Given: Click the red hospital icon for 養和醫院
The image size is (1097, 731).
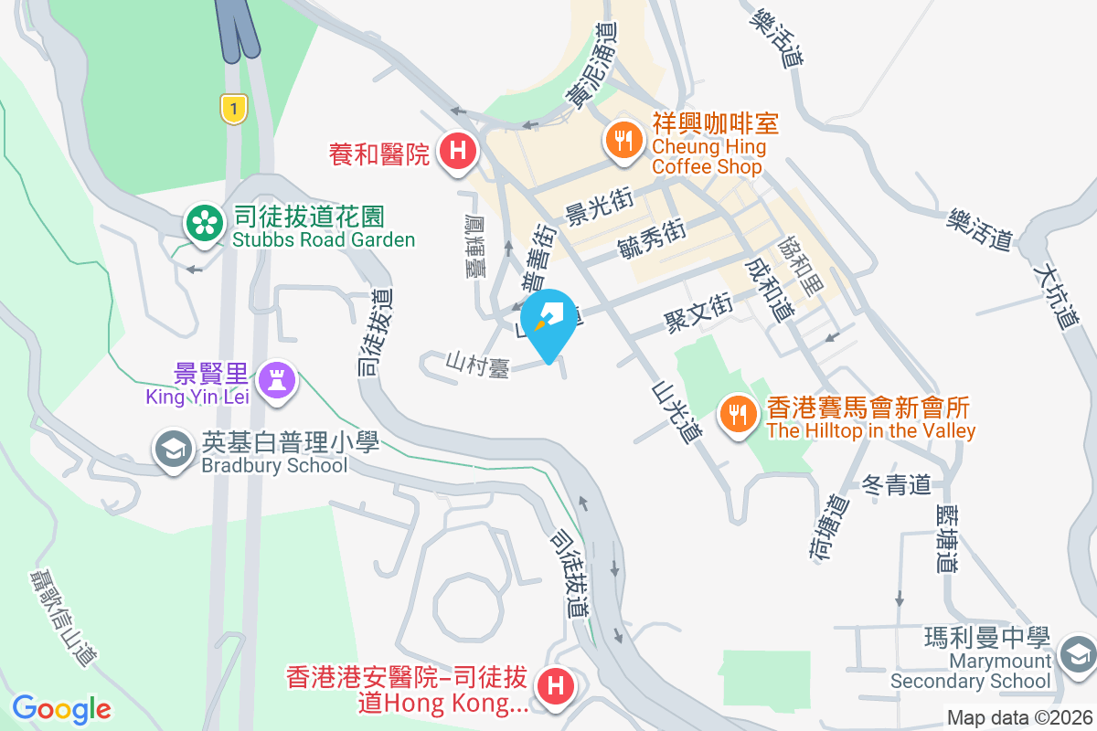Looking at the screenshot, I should click(x=456, y=151).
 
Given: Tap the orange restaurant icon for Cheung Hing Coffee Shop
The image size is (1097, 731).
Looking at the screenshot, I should click(x=623, y=140).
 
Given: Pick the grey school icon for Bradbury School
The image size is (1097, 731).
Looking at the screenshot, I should click(x=172, y=450).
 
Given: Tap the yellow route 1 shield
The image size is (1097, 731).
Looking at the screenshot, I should click(x=235, y=110).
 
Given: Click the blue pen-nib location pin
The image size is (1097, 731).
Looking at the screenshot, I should click(x=548, y=320).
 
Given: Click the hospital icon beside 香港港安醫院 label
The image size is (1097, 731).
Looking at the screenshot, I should click(x=555, y=686).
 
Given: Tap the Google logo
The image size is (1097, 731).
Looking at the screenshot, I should click(x=61, y=708).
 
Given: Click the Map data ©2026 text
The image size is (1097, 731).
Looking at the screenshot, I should click(x=1019, y=718).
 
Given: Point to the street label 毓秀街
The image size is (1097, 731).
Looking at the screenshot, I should click(x=652, y=239).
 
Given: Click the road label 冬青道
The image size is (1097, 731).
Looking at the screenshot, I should click(x=896, y=484).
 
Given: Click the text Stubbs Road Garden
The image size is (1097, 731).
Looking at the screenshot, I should click(x=324, y=240).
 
